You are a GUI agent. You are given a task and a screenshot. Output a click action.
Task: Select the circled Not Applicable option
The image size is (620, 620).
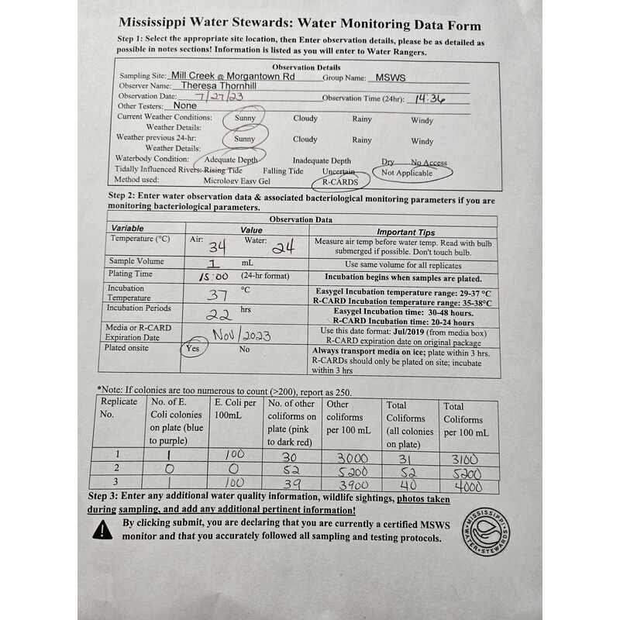tap(408, 173)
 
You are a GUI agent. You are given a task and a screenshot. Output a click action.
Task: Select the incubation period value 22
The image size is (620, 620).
tap(219, 315)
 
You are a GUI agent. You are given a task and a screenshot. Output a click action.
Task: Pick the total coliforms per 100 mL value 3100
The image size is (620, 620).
tap(462, 458)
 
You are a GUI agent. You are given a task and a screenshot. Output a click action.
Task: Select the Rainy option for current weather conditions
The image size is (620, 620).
tap(362, 119)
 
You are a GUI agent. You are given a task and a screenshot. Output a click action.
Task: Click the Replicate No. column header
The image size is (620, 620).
tap(119, 408)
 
